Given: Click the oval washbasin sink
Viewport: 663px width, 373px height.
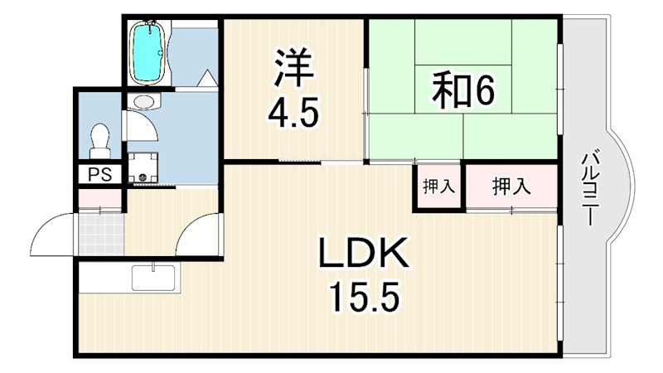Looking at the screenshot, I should pyautogui.click(x=144, y=102).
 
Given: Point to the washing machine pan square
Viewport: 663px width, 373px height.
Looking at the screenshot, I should pyautogui.click(x=143, y=166).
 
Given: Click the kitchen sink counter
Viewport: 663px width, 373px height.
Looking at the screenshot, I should pyautogui.click(x=155, y=276).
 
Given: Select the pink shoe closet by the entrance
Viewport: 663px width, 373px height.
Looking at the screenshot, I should pyautogui.click(x=99, y=199).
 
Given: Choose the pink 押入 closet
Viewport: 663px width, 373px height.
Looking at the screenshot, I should pyautogui.click(x=511, y=187).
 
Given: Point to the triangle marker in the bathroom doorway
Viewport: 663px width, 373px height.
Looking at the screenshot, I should pyautogui.click(x=206, y=80).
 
